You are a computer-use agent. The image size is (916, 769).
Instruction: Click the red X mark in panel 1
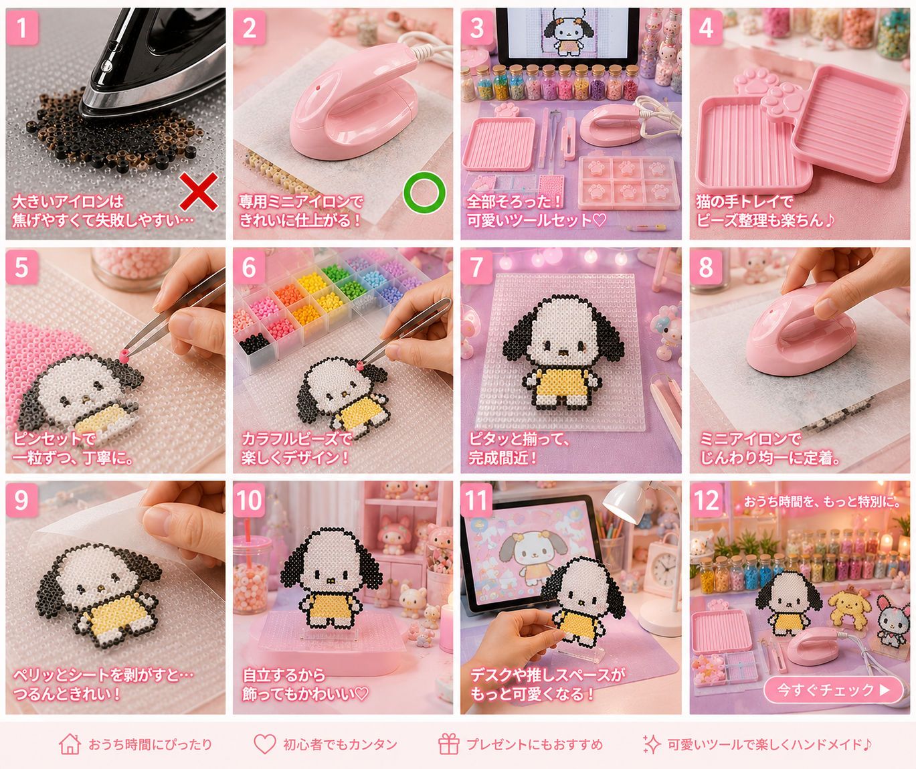[199, 191]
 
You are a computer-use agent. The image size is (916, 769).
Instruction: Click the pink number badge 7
[476, 267]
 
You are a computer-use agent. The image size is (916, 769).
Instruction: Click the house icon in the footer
[70, 744]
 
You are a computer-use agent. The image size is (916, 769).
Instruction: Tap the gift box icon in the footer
[448, 744]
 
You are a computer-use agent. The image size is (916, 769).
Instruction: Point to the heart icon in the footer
[264, 744]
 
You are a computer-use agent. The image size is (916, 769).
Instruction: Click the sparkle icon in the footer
[652, 744]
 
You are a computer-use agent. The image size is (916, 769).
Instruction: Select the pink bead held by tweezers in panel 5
[124, 355]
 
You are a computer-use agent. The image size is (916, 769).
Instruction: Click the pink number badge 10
[249, 501]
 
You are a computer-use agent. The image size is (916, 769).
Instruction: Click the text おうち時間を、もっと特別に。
[821, 501]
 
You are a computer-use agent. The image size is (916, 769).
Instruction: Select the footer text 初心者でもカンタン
[340, 744]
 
